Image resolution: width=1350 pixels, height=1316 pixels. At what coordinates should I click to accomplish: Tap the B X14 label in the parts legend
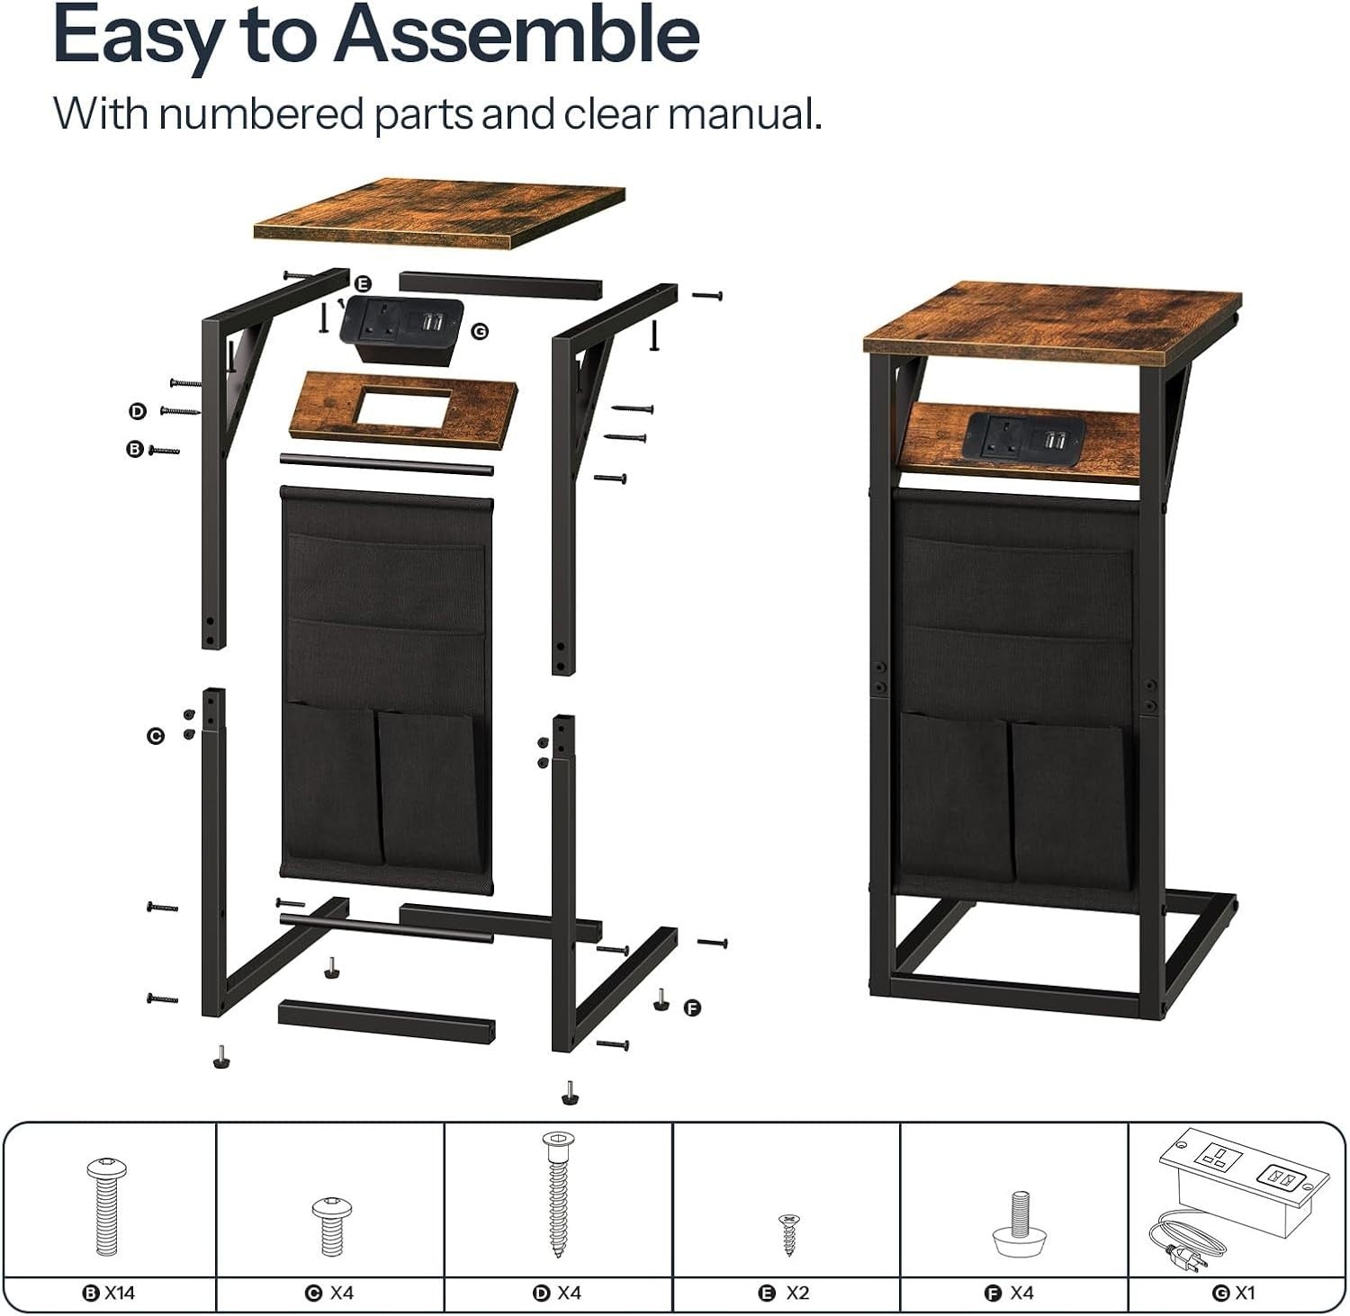point(109,1294)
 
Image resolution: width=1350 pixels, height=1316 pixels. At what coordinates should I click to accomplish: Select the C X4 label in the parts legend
point(330,1294)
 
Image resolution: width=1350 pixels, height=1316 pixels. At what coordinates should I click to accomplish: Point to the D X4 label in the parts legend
point(558,1294)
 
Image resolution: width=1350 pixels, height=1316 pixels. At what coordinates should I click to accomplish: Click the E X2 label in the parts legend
point(786,1294)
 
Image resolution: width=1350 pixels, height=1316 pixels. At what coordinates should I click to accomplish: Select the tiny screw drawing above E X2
point(788,1234)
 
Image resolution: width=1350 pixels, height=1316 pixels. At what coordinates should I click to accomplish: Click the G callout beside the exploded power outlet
point(480,332)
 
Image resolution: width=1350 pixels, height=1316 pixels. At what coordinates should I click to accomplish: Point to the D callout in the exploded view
point(137,411)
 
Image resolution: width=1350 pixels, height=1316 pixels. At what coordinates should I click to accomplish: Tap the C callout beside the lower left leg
point(155,736)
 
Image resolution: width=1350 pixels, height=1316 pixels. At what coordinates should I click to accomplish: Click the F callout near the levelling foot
point(692,1007)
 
